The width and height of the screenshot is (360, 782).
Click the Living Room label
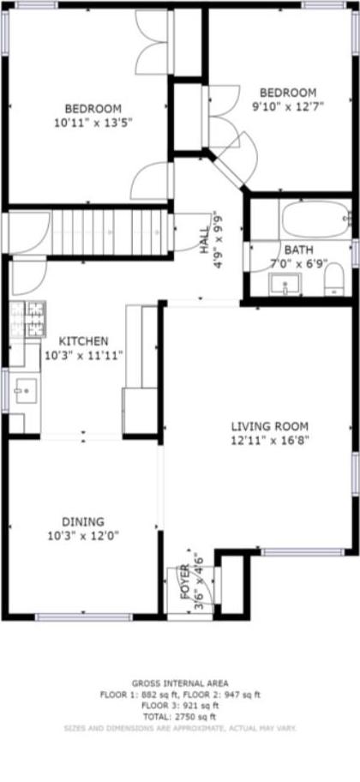[269, 426]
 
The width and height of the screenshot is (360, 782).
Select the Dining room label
[83, 520]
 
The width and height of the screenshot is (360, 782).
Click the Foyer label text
[185, 580]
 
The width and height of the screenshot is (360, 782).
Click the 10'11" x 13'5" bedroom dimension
[93, 123]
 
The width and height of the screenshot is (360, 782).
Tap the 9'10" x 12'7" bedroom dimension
[289, 106]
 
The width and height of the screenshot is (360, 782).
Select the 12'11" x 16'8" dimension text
[269, 441]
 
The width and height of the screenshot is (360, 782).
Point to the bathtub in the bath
[315, 220]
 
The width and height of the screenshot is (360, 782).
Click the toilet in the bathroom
[333, 279]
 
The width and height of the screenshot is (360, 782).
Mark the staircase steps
[107, 232]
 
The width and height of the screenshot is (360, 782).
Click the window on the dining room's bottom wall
[83, 617]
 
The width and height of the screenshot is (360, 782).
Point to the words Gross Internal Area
[180, 683]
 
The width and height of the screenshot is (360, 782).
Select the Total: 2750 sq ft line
[180, 716]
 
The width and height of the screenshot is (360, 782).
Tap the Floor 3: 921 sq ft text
[180, 706]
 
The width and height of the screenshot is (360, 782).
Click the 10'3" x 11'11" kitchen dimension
[84, 354]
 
